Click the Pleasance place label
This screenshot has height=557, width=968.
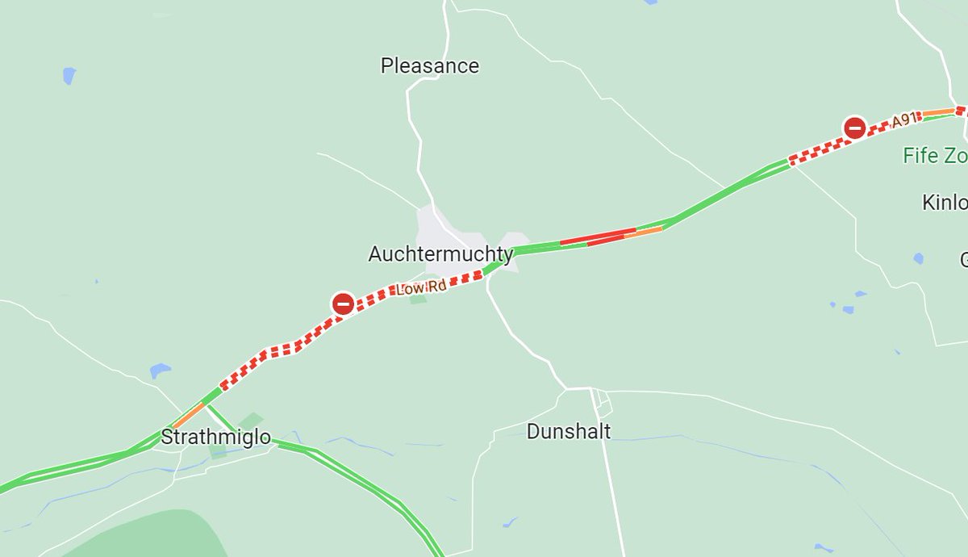coord(429,65)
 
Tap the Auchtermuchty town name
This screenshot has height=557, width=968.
coord(440,255)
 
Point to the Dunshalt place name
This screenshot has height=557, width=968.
coord(568,432)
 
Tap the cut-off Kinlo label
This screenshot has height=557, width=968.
coord(944,202)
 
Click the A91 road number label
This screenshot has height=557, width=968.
coord(904,121)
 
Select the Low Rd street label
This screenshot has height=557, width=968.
coord(420,288)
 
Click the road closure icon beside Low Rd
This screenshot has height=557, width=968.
coord(343,304)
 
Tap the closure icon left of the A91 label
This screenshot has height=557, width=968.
coord(854,128)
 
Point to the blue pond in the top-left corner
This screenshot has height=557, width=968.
coord(69,76)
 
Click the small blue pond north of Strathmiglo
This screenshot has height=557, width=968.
coord(160,371)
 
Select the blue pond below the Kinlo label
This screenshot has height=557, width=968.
coord(918,259)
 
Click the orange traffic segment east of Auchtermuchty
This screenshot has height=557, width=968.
coord(643,232)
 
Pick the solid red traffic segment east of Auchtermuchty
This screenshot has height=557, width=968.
coord(597,236)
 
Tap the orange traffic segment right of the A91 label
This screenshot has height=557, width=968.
coord(938,112)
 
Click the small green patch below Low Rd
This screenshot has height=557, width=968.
coord(418,299)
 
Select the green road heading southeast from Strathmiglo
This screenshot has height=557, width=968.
coord(363,475)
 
